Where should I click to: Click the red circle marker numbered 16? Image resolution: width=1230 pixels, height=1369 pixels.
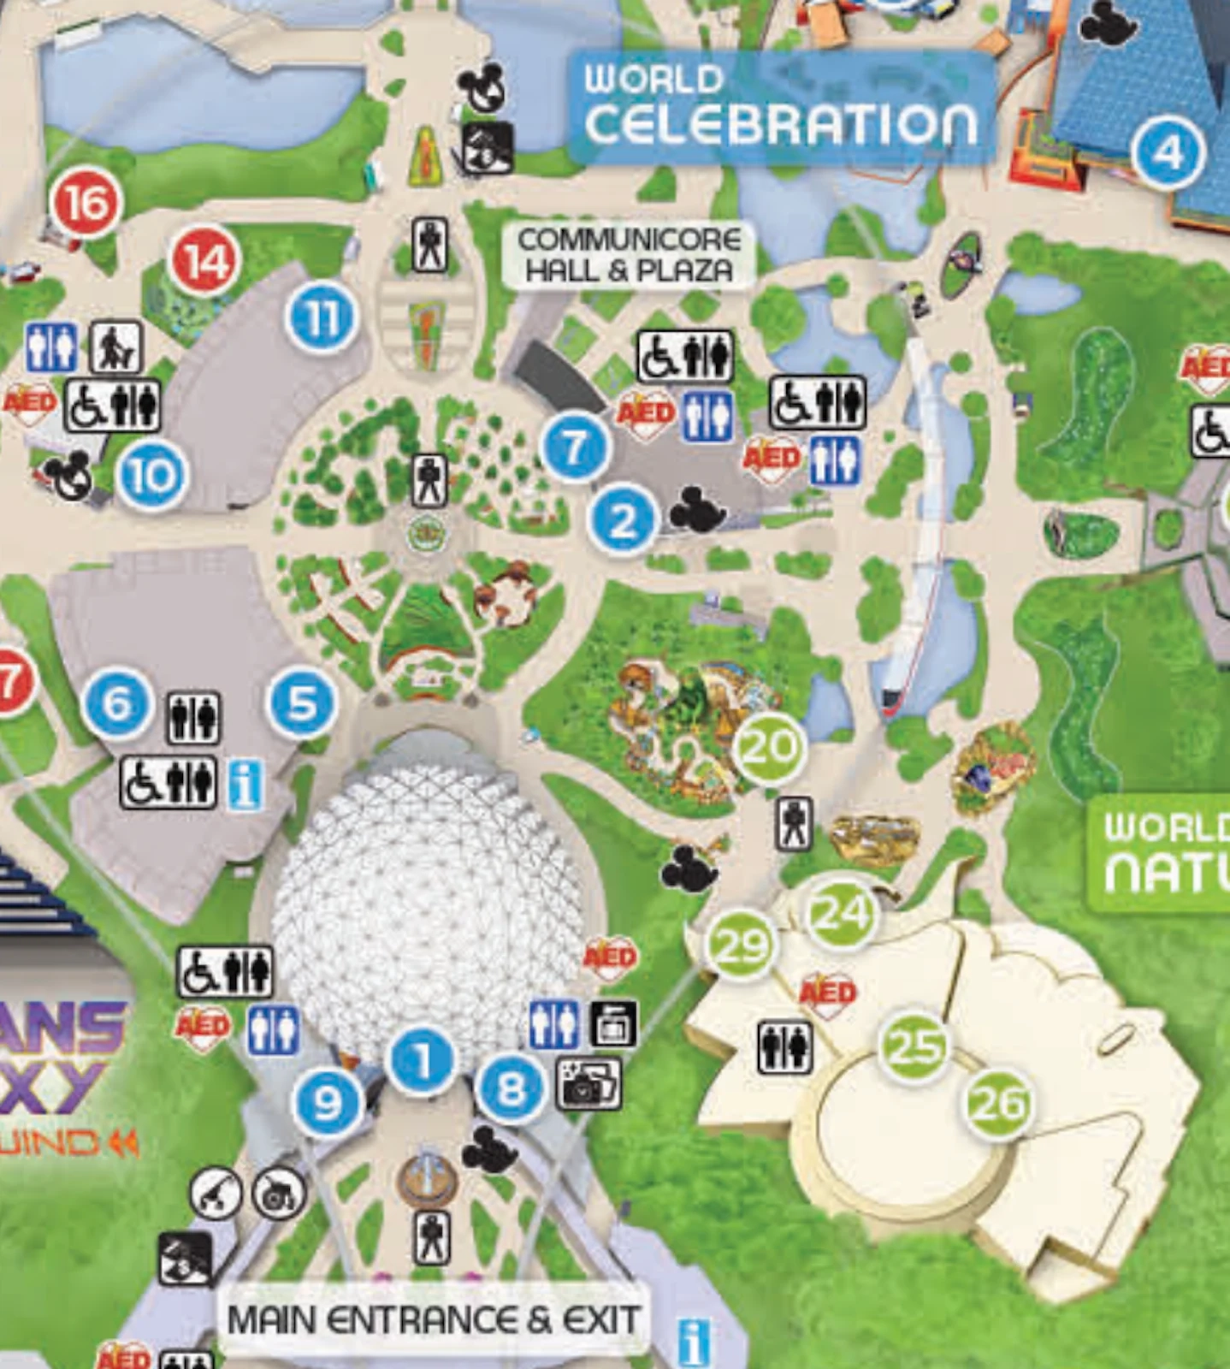tap(86, 204)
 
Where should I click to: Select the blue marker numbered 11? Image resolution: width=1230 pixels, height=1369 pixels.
tap(322, 318)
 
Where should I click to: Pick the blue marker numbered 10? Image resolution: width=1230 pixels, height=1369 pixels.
tap(152, 476)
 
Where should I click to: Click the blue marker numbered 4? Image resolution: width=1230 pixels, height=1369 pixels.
tap(1168, 153)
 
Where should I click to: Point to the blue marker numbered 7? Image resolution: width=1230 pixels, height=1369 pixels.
tap(576, 447)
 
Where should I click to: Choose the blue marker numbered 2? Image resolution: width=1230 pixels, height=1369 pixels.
tap(623, 519)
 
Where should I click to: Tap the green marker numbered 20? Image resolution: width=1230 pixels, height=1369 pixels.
tap(769, 748)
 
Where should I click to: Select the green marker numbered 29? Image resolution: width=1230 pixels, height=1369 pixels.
tap(741, 945)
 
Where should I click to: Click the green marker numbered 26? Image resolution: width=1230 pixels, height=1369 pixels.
tap(998, 1104)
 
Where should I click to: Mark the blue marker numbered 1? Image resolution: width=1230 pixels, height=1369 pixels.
tap(422, 1061)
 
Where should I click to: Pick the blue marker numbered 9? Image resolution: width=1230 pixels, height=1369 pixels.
tap(327, 1104)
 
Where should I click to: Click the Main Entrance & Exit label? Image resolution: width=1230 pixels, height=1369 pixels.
tap(433, 1319)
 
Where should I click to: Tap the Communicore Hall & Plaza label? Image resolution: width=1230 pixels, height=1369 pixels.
tap(629, 255)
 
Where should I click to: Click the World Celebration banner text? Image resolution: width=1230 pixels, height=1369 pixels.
tap(780, 107)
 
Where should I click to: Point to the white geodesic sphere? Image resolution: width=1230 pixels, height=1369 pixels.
tap(428, 898)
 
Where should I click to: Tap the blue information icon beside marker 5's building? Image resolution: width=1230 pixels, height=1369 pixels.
tap(245, 785)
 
